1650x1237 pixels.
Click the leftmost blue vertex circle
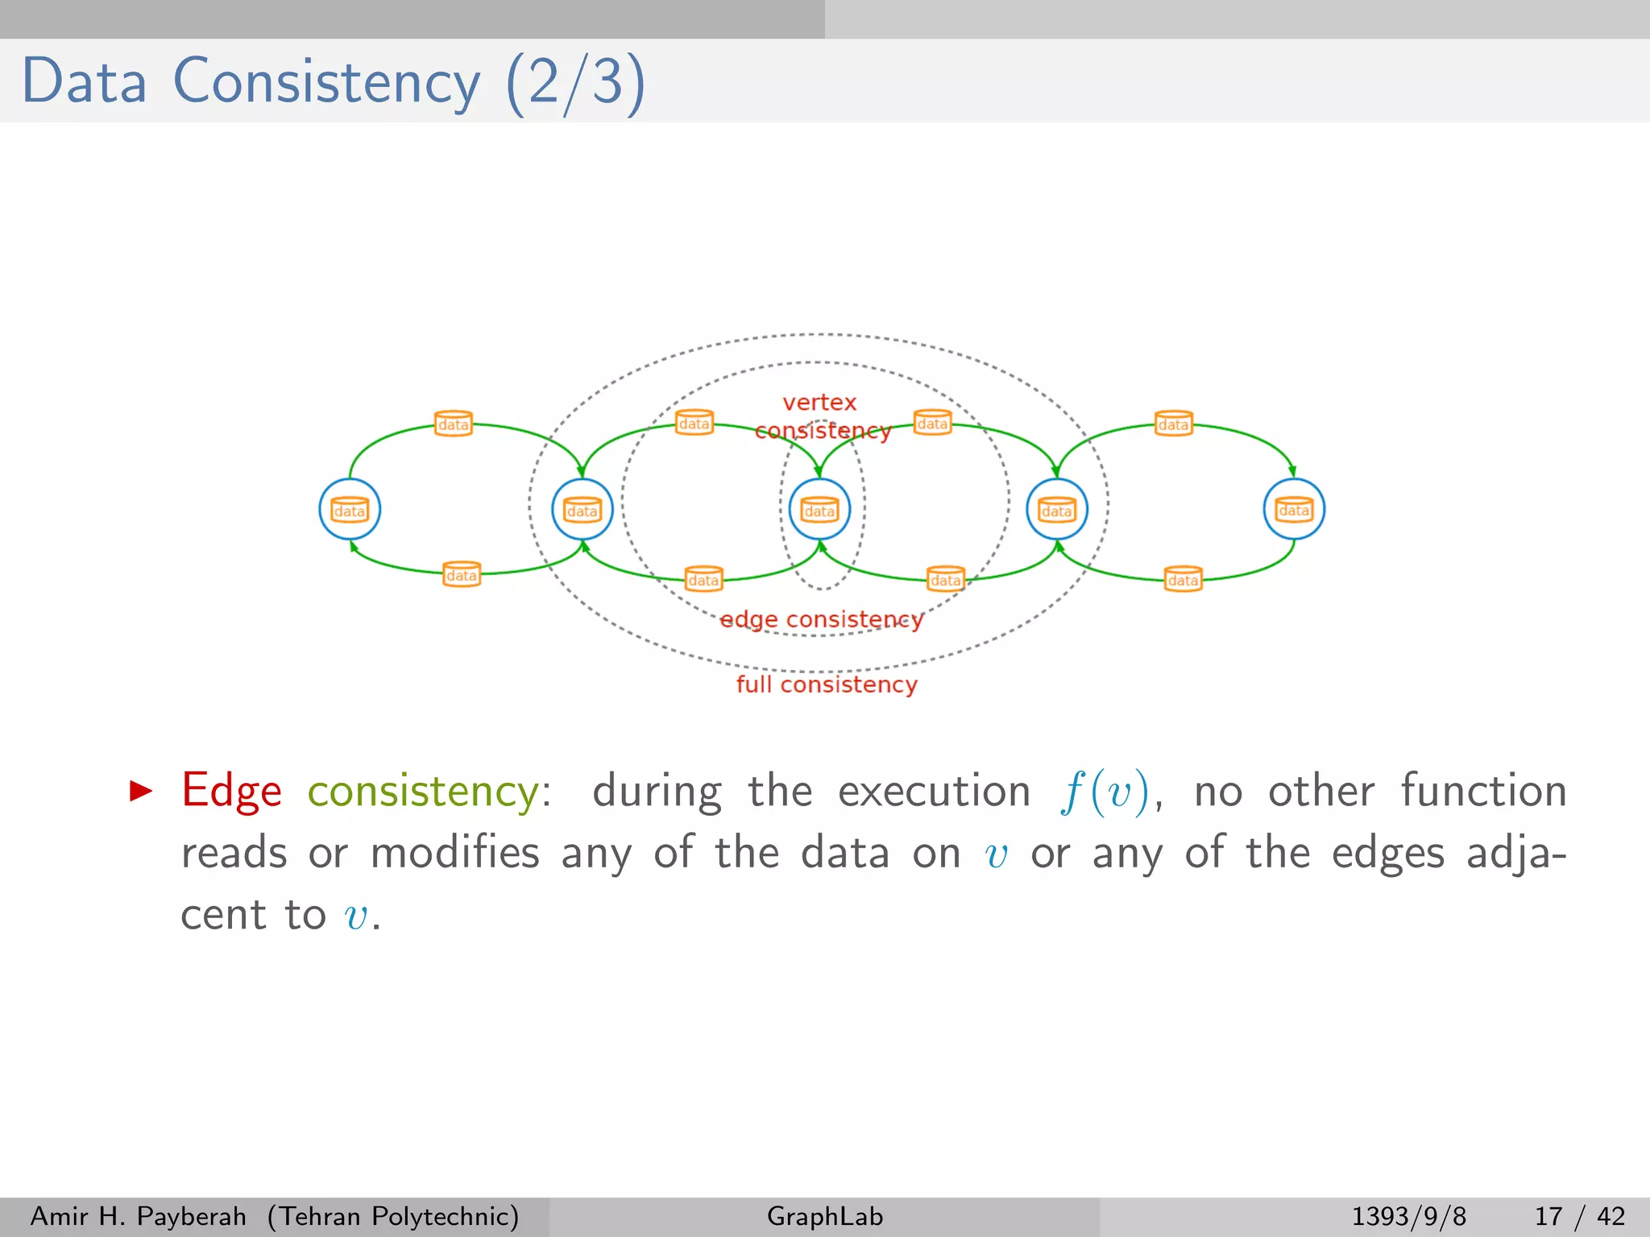click(x=349, y=510)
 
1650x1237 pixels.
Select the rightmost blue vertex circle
click(x=1294, y=510)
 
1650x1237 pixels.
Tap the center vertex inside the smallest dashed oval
click(x=819, y=510)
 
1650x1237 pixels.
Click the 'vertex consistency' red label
click(x=820, y=416)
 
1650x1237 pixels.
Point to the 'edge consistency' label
click(x=820, y=619)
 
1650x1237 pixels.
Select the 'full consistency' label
click(x=827, y=685)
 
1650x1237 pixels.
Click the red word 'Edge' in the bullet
click(x=232, y=791)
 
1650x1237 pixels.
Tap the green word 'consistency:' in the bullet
click(x=429, y=791)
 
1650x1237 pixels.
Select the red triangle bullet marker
click(x=140, y=791)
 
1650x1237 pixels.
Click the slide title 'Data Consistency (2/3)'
click(x=333, y=81)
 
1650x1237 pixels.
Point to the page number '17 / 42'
click(x=1579, y=1216)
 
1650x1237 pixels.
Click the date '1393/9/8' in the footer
click(x=1408, y=1216)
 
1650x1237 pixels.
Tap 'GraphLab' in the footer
click(x=825, y=1216)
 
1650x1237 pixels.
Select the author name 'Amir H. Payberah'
click(x=138, y=1216)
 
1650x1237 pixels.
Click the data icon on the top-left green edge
click(x=453, y=424)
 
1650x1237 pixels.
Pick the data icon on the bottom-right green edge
click(x=1183, y=579)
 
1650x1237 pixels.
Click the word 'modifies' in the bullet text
click(x=454, y=853)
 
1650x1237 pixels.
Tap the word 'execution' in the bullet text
click(x=934, y=791)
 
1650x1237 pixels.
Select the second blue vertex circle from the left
click(x=582, y=510)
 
